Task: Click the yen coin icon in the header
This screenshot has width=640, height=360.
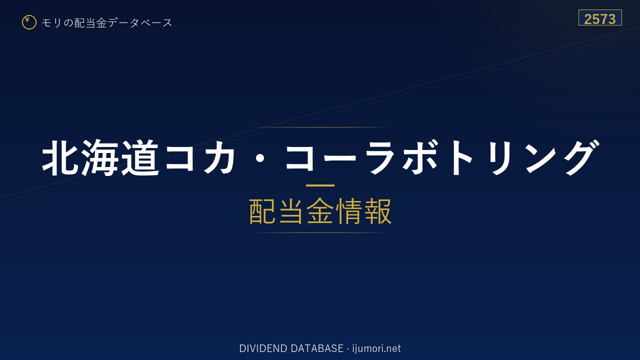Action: click(29, 22)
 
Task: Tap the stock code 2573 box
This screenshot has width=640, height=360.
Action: click(600, 17)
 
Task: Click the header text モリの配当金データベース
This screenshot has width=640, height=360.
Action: click(107, 23)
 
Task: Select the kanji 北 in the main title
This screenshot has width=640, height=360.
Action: click(60, 157)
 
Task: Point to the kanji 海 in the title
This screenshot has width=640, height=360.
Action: click(100, 157)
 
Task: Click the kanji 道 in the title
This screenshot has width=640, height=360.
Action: click(140, 157)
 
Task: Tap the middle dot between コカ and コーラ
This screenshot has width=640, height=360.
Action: click(260, 158)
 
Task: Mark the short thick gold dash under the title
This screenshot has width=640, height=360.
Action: click(320, 185)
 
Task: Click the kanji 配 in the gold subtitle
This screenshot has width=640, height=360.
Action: click(262, 211)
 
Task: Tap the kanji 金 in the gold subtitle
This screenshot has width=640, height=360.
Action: click(320, 211)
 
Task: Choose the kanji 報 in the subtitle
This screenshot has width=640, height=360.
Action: click(378, 211)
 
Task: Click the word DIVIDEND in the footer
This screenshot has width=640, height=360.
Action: click(263, 348)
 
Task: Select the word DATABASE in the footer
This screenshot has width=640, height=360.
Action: click(317, 348)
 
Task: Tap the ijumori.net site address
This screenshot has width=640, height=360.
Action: click(376, 348)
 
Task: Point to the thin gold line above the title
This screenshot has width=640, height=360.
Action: click(320, 127)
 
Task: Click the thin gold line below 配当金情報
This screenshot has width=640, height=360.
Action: click(320, 233)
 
